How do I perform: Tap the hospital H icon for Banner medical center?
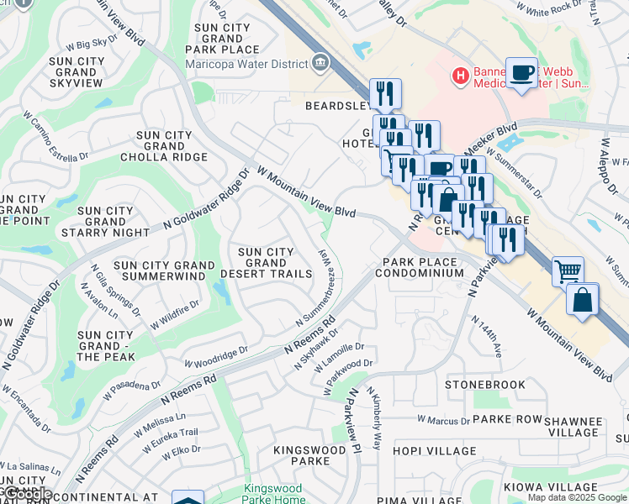(x=460, y=76)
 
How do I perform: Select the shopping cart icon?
(x=568, y=271)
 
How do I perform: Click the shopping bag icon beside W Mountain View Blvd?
(x=582, y=300)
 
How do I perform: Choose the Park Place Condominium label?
(x=419, y=267)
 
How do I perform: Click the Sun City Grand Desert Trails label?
(x=266, y=263)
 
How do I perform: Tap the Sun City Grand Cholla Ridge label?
(x=163, y=146)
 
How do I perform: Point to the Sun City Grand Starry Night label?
(x=105, y=222)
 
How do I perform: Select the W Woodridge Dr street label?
(x=217, y=356)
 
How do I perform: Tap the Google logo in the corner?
(x=27, y=495)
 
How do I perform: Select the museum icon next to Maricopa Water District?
(x=320, y=61)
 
